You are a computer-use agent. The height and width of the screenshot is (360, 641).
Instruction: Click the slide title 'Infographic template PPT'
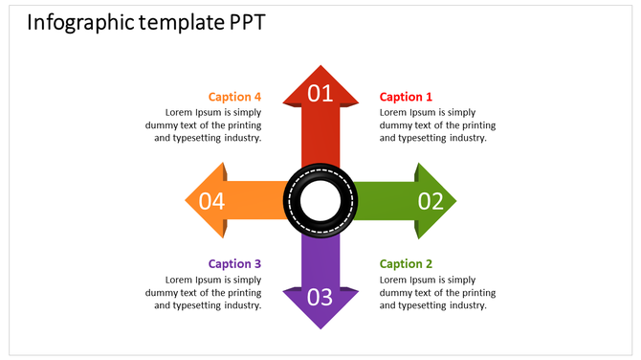pos(145,22)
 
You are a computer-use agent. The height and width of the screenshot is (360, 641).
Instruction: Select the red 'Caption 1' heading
pos(406,97)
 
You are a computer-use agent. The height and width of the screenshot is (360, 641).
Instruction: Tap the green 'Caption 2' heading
pos(406,264)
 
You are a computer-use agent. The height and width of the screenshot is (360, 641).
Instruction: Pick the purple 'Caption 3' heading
pos(234,264)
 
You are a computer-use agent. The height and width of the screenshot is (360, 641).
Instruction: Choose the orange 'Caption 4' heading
pos(234,97)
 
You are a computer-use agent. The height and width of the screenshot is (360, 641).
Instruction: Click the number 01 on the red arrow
pos(320,94)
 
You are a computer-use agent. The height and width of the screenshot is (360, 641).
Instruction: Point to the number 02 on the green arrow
pos(431,201)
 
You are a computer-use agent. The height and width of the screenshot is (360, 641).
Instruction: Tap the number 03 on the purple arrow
pos(320,297)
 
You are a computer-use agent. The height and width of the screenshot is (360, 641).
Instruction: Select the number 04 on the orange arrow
pos(211,201)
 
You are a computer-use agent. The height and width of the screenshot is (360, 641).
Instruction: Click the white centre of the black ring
pos(320,201)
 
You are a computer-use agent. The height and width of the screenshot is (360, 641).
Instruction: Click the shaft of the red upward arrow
pos(320,139)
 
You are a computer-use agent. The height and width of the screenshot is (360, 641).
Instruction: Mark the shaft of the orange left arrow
pos(256,201)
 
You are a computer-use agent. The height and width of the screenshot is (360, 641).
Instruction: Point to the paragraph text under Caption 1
pos(433,124)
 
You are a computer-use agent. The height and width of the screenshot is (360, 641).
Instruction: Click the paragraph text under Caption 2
pos(433,292)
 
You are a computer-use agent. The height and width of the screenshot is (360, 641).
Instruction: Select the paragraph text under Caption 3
pos(204,292)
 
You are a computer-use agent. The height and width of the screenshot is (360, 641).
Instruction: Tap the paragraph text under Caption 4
pos(204,124)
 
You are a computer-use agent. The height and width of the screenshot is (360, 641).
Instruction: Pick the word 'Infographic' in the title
pos(80,22)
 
